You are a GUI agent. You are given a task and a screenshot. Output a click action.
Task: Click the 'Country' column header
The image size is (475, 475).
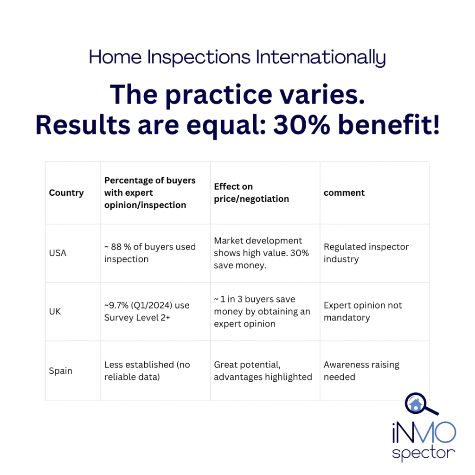pos(66,193)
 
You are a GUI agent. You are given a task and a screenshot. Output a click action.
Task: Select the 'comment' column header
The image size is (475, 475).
pos(344,193)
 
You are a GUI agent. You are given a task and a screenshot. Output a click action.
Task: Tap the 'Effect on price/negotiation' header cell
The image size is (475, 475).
pos(251,193)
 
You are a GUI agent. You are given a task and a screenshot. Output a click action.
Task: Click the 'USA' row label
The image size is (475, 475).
pos(58,253)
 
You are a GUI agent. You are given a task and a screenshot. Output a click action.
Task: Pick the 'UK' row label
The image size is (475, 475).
pos(55,312)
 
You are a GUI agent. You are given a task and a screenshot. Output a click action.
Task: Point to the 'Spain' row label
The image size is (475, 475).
pos(61,371)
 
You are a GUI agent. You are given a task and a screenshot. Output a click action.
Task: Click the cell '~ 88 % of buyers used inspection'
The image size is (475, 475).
pos(150,253)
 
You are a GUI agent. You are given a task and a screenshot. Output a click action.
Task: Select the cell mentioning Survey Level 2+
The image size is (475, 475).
pos(147,312)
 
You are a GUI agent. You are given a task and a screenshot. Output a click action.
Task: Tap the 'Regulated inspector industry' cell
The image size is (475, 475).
pos(366,253)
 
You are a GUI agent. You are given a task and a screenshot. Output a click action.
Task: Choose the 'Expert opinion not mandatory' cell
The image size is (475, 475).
pos(363,312)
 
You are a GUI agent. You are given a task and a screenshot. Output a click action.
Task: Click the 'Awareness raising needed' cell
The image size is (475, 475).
pos(361,371)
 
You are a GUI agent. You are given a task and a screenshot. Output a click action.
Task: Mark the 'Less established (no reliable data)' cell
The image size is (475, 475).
pos(147,371)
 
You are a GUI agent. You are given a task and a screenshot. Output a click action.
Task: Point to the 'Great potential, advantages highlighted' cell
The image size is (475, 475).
pos(263,371)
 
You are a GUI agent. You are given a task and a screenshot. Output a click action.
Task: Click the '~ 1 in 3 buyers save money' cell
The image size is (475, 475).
pos(262,312)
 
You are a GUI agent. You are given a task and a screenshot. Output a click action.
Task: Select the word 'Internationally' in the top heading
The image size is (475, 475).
pos(321,58)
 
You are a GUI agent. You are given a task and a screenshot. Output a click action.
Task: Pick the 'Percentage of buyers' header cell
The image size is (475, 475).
pos(150,193)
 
